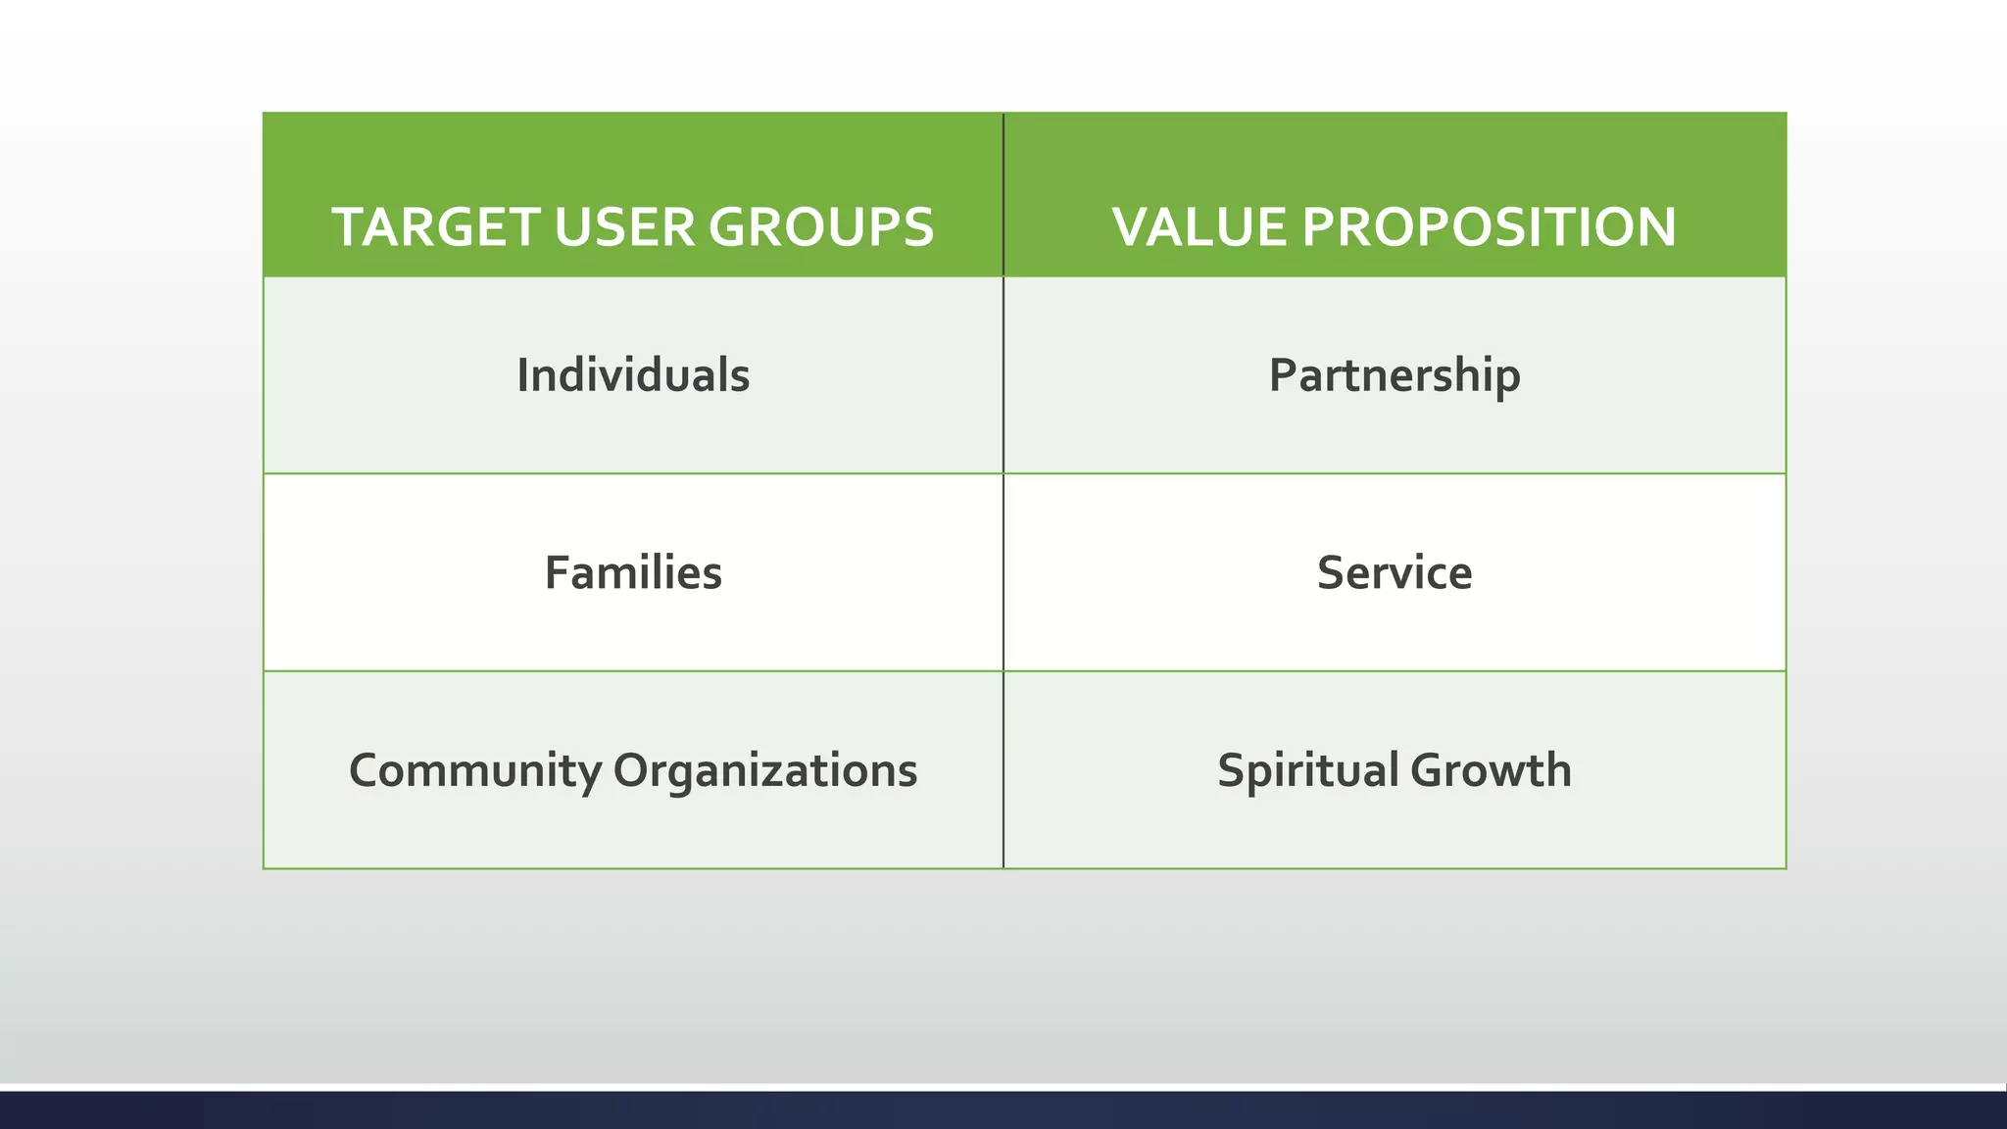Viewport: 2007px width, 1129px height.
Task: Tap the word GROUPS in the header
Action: point(821,227)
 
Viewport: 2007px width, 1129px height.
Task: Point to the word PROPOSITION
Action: point(1489,227)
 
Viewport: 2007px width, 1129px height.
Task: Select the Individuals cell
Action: point(633,375)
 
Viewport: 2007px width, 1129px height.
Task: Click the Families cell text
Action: point(633,573)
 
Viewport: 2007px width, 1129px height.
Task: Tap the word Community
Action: point(475,770)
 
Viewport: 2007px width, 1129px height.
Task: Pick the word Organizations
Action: point(765,770)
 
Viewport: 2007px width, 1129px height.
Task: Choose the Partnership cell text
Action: point(1395,375)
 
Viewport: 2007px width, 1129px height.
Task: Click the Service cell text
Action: point(1395,573)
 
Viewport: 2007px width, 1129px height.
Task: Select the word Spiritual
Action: point(1307,770)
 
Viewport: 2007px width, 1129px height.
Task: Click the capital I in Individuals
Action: point(523,375)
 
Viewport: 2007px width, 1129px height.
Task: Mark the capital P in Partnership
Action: point(1282,375)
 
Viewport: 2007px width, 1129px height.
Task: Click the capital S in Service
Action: point(1331,573)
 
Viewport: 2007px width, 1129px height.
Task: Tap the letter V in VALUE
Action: point(1132,227)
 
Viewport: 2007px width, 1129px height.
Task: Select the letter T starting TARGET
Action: point(350,227)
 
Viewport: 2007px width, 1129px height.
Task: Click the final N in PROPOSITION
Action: point(1655,227)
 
